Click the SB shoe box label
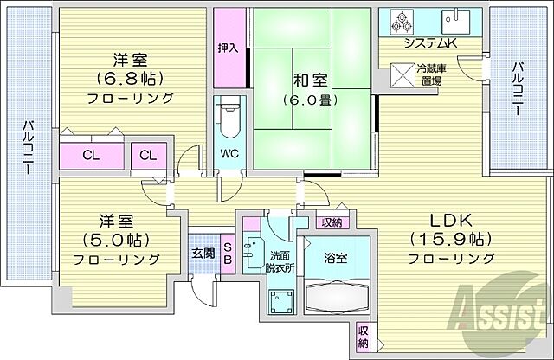(x=228, y=252)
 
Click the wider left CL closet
(x=90, y=156)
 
